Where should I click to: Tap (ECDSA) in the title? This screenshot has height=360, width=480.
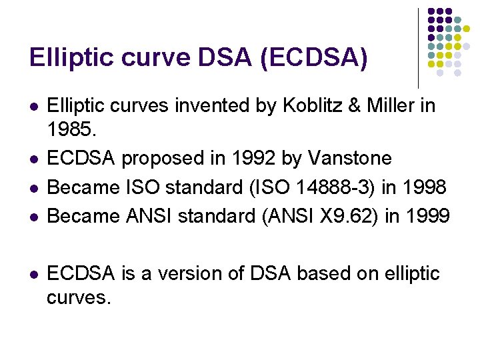click(x=314, y=58)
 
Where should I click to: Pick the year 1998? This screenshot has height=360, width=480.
click(x=423, y=187)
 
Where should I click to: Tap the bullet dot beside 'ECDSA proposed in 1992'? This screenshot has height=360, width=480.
click(x=34, y=160)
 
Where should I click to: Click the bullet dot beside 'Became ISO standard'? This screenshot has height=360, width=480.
click(x=34, y=189)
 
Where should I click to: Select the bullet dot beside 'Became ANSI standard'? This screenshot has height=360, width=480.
click(x=34, y=217)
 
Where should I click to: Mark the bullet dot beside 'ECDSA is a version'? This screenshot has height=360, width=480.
click(x=34, y=275)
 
